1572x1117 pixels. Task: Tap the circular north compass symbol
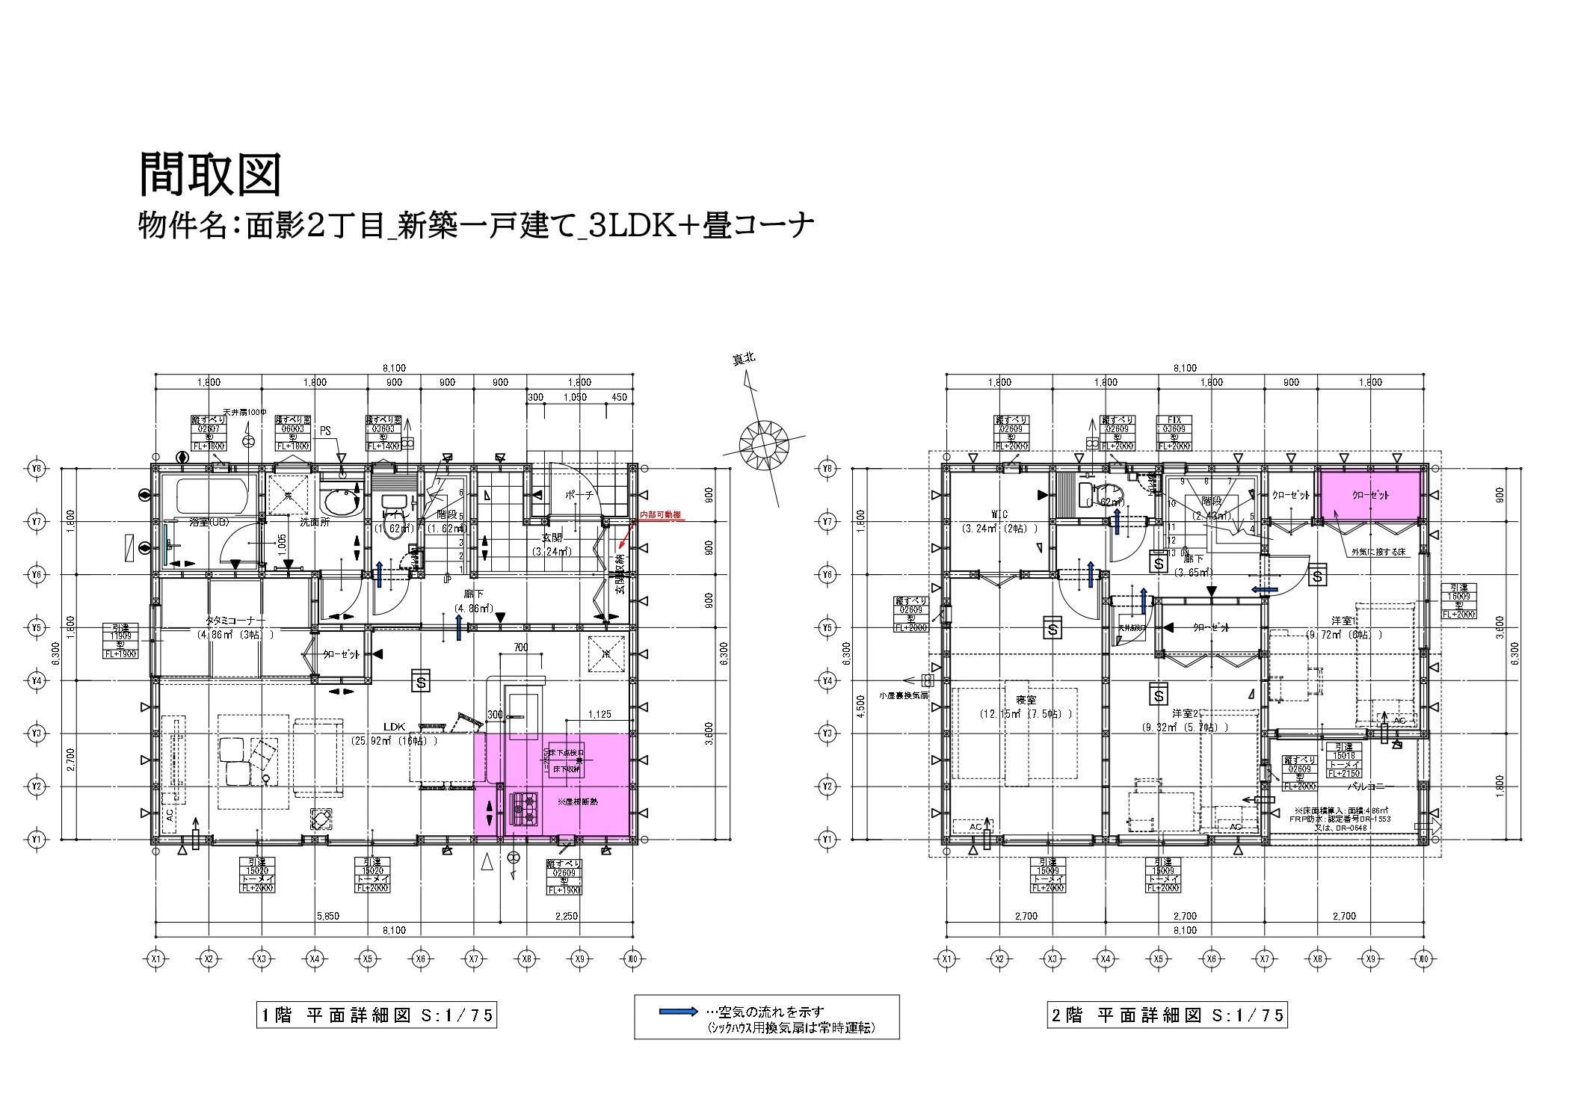(x=759, y=445)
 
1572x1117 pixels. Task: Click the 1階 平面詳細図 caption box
(x=377, y=1015)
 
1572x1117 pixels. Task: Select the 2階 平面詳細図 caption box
(x=1167, y=1015)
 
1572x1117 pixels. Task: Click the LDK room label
(x=394, y=726)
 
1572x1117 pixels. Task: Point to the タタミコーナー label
(x=235, y=621)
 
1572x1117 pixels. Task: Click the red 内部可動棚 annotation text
(x=661, y=515)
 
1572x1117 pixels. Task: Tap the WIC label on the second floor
(x=999, y=514)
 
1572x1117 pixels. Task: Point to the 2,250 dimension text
(x=567, y=915)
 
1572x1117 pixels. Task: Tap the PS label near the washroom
(x=325, y=431)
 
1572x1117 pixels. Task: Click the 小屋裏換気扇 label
(x=903, y=695)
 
